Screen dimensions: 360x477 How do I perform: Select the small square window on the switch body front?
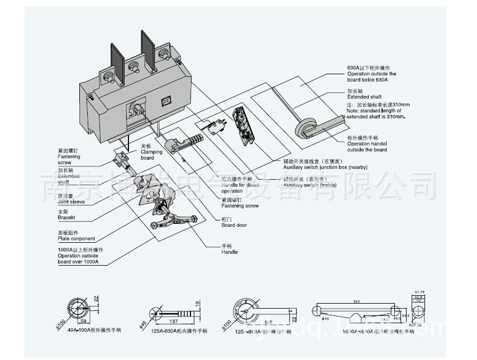coord(165,101)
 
